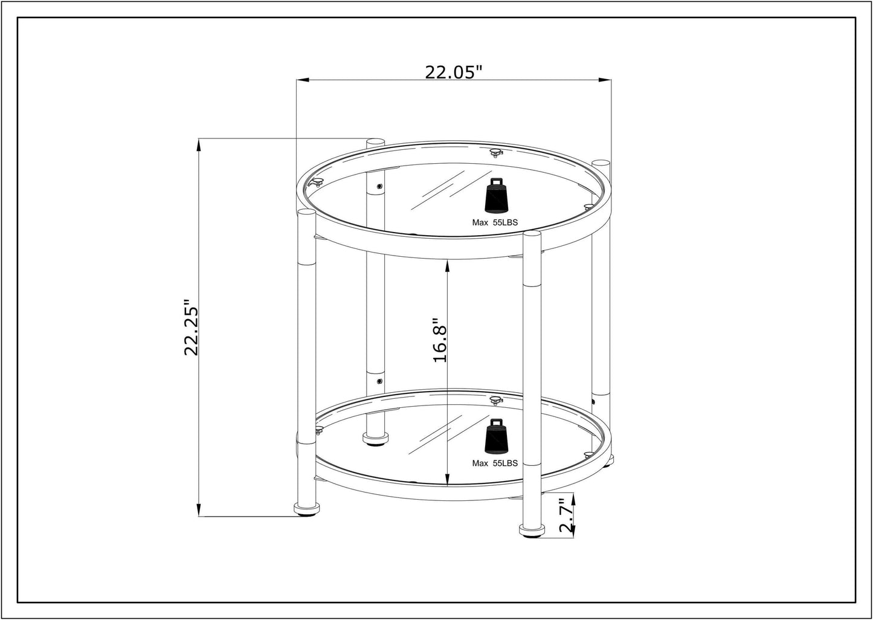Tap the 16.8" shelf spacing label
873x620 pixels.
[x=440, y=340]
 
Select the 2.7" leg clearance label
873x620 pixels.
[x=564, y=515]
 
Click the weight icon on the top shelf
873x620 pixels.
[x=496, y=196]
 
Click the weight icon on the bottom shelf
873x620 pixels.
[x=496, y=436]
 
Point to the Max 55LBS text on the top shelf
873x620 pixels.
[x=495, y=222]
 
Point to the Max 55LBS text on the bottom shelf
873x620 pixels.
[x=495, y=463]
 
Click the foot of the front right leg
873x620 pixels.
[x=532, y=531]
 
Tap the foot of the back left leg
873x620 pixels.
[x=375, y=438]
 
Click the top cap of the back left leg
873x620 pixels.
[x=375, y=142]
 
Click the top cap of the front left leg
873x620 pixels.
[x=306, y=212]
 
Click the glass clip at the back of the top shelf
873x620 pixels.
[x=495, y=152]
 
